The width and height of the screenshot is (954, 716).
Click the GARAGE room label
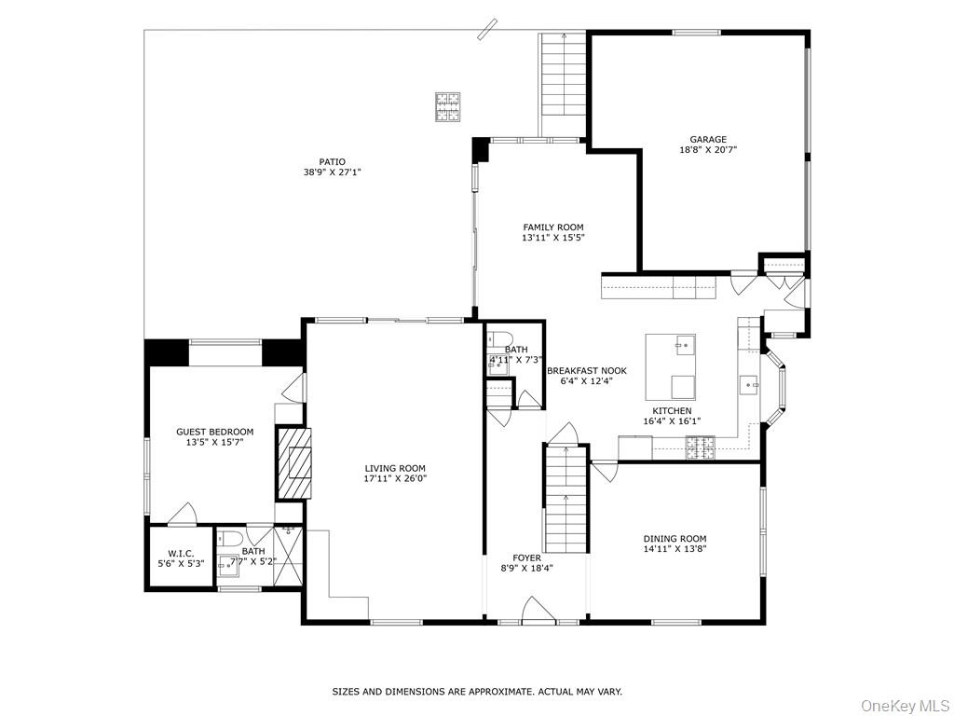pyautogui.click(x=708, y=140)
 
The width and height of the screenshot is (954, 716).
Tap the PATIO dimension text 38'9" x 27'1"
pyautogui.click(x=332, y=172)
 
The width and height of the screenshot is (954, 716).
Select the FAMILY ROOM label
pyautogui.click(x=553, y=227)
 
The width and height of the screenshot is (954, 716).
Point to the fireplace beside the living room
pyautogui.click(x=295, y=462)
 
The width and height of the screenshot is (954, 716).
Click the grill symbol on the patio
pyautogui.click(x=446, y=106)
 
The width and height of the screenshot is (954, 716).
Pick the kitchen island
pyautogui.click(x=683, y=365)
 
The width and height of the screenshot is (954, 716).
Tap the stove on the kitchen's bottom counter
pyautogui.click(x=699, y=453)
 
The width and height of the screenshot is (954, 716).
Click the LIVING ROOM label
pyautogui.click(x=394, y=468)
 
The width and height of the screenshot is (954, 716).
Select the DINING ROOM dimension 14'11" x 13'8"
pyautogui.click(x=675, y=551)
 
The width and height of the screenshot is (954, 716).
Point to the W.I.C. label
pyautogui.click(x=181, y=553)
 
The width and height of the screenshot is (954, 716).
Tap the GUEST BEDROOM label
pyautogui.click(x=215, y=432)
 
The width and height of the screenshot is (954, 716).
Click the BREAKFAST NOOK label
pyautogui.click(x=587, y=370)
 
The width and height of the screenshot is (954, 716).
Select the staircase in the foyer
pyautogui.click(x=566, y=499)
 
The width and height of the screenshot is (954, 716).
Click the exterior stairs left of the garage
pyautogui.click(x=562, y=84)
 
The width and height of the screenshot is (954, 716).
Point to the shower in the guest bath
pyautogui.click(x=288, y=557)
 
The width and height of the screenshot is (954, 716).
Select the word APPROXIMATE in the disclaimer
pyautogui.click(x=500, y=692)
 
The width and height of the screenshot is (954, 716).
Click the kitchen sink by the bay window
pyautogui.click(x=747, y=382)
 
